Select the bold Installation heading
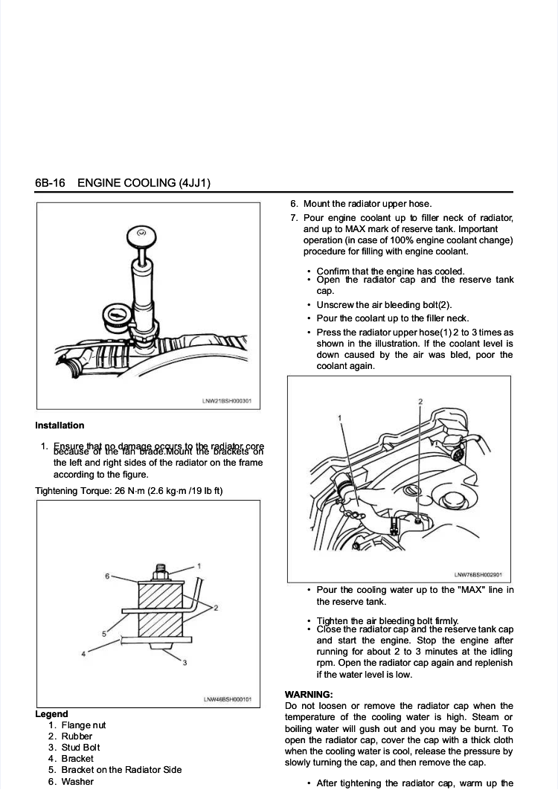tap(60, 425)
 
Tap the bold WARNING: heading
tap(309, 694)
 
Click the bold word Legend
tap(51, 714)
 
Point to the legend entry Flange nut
tap(83, 725)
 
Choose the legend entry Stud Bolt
tap(80, 748)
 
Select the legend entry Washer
tap(77, 782)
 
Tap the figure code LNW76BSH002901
tap(478, 574)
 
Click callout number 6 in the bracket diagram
tap(107, 577)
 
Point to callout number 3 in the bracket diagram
tap(184, 662)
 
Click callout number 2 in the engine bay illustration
tap(420, 402)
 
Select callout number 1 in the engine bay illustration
tap(340, 418)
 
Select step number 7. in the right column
tap(294, 218)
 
